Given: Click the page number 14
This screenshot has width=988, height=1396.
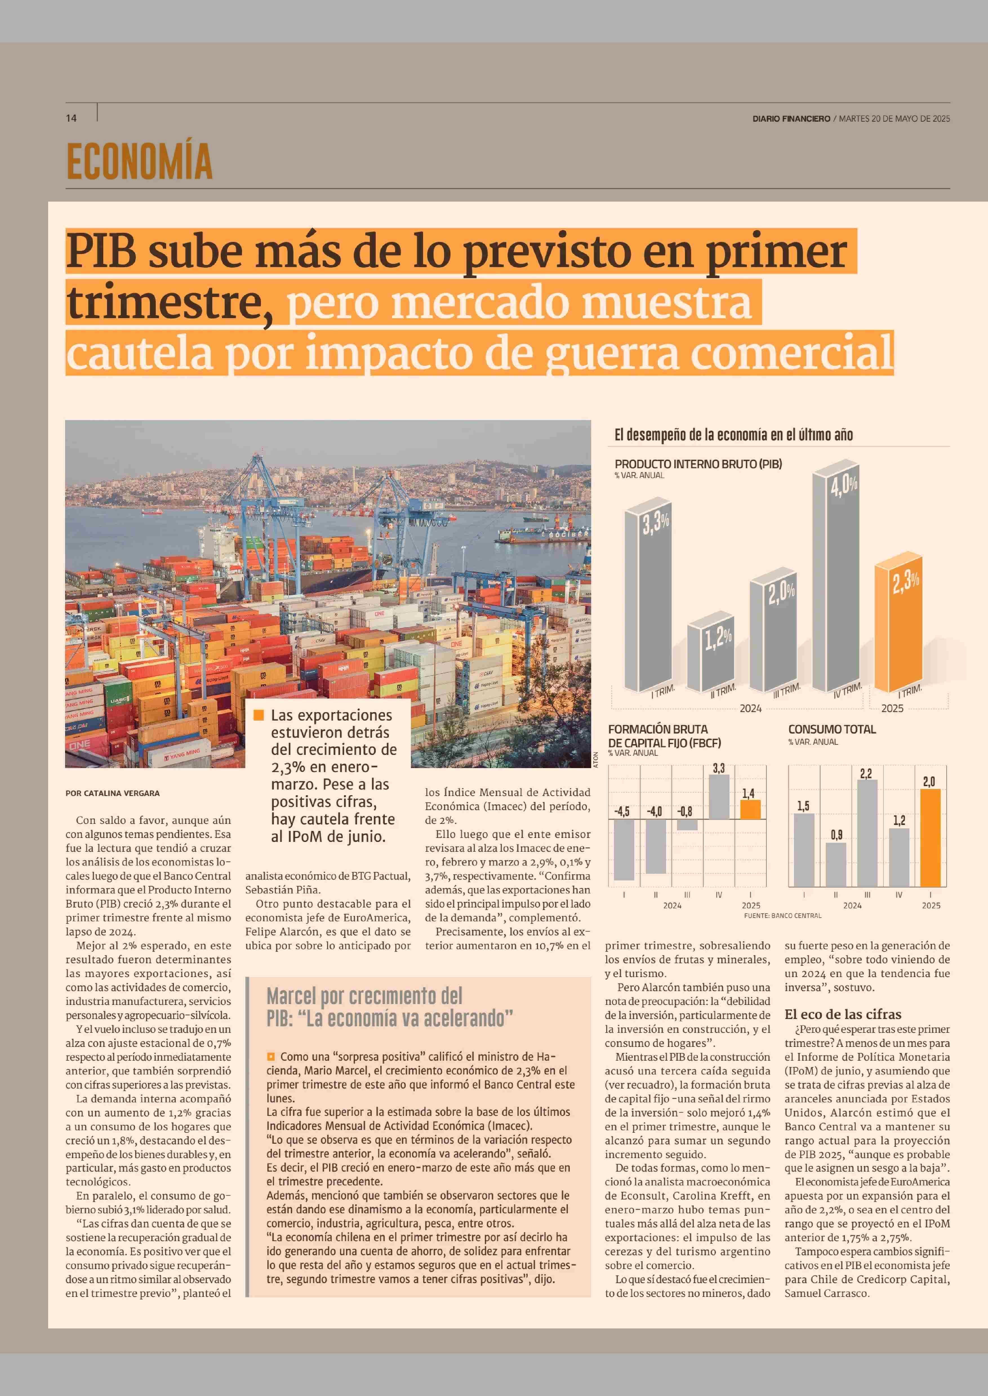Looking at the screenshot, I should pos(71,118).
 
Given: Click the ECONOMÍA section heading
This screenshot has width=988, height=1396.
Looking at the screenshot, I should pos(139,161).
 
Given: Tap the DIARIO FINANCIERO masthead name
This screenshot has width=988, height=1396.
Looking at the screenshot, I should pos(791,119).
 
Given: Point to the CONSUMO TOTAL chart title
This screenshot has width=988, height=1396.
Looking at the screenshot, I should pos(832,729).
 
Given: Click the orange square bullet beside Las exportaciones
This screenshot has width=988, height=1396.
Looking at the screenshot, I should pos(259,715).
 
